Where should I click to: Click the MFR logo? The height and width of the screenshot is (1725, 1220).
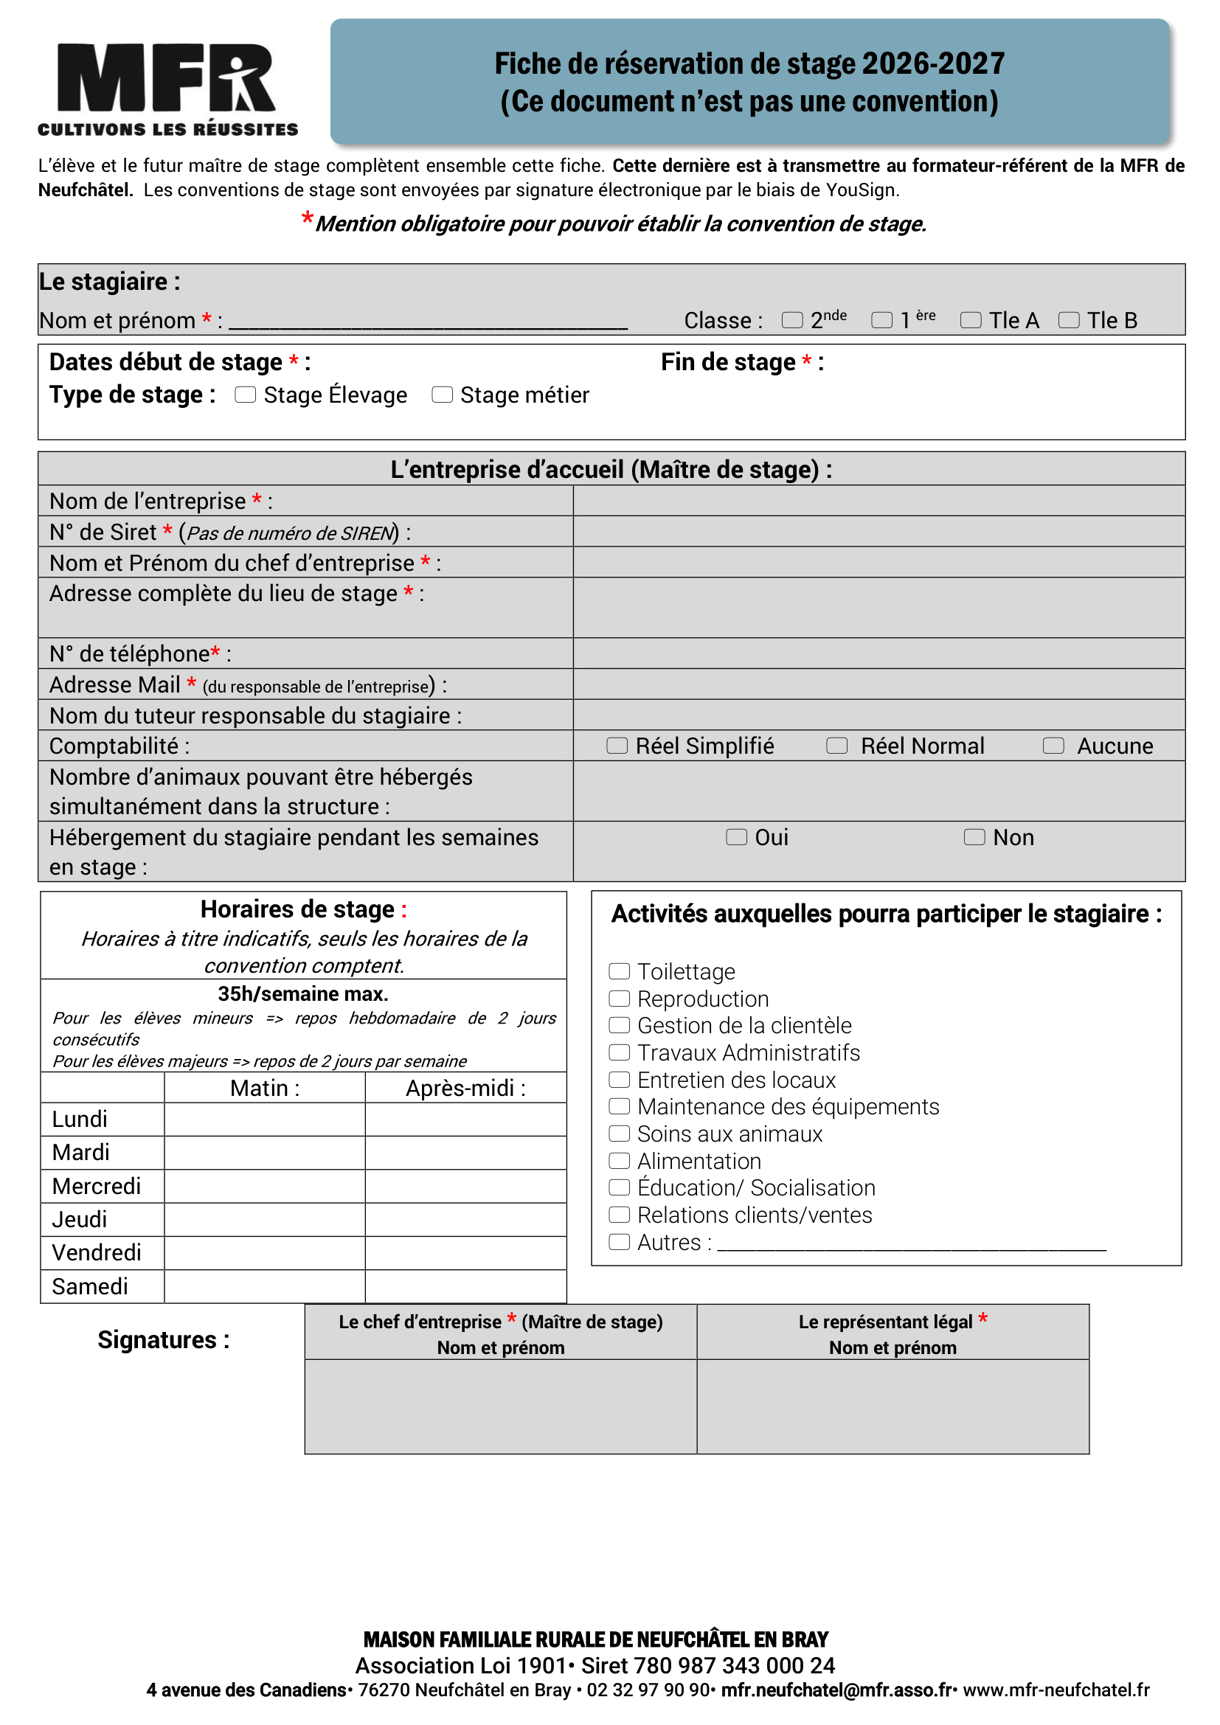pos(167,88)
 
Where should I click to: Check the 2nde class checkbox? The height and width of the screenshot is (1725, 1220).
pos(791,320)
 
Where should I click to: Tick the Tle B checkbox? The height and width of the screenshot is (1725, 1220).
pos(1068,320)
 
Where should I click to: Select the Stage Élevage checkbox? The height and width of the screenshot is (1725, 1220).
pos(245,395)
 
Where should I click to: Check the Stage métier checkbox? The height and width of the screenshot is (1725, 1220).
pos(442,395)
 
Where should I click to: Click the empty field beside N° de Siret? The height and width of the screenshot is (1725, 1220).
pos(878,531)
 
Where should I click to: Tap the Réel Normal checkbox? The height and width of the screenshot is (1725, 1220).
pos(836,746)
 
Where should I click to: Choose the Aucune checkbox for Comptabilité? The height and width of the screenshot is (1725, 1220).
pos(1053,746)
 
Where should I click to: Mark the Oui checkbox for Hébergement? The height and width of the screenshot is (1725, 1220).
pos(736,837)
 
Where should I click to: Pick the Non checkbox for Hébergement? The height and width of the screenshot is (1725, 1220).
pos(974,837)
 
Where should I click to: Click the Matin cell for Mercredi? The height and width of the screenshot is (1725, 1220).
pos(265,1186)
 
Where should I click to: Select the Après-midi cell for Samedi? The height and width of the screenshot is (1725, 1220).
pos(465,1286)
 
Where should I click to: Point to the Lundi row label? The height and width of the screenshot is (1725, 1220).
pos(80,1120)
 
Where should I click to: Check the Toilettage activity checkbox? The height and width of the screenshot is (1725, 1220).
pos(619,971)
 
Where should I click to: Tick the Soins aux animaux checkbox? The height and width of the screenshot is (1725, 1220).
pos(619,1134)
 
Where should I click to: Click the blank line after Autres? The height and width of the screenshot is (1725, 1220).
pos(910,1243)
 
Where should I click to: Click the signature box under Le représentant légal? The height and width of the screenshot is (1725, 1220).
pos(893,1406)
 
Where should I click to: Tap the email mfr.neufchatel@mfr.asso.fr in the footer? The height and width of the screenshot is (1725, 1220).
pos(837,1690)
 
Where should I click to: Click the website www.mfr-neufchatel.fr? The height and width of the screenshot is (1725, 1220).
pos(1056,1690)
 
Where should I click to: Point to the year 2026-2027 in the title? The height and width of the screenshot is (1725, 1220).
pos(932,64)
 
